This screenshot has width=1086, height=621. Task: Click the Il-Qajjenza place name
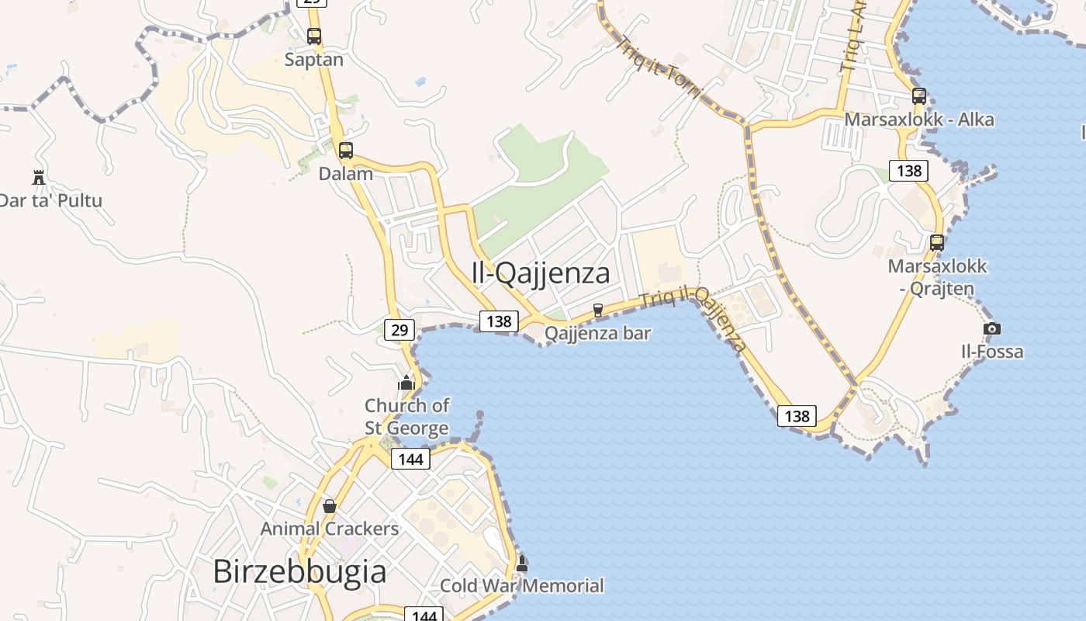(x=541, y=273)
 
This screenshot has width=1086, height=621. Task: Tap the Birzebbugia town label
(x=299, y=572)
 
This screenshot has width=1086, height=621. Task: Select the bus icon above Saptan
(x=314, y=36)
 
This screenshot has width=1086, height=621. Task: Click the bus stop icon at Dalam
(x=346, y=151)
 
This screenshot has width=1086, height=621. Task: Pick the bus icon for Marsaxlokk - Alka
(x=919, y=96)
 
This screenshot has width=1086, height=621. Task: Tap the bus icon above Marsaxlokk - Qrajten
(x=937, y=242)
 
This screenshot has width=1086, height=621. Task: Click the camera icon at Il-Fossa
(x=991, y=329)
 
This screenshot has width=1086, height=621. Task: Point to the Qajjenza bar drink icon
(x=597, y=310)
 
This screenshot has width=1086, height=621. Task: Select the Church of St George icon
(x=406, y=383)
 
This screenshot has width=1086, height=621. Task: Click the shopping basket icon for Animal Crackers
(x=330, y=506)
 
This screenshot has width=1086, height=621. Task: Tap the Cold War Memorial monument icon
(x=522, y=564)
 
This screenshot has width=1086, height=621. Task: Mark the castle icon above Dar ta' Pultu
(x=39, y=177)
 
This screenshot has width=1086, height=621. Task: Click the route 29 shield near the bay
(x=399, y=330)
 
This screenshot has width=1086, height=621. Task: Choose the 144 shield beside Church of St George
(x=410, y=459)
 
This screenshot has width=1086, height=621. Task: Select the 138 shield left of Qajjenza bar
(x=499, y=321)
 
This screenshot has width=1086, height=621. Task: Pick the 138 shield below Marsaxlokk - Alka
(x=908, y=170)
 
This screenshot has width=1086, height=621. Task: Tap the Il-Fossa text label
(x=992, y=352)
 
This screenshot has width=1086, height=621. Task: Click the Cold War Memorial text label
(x=521, y=586)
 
